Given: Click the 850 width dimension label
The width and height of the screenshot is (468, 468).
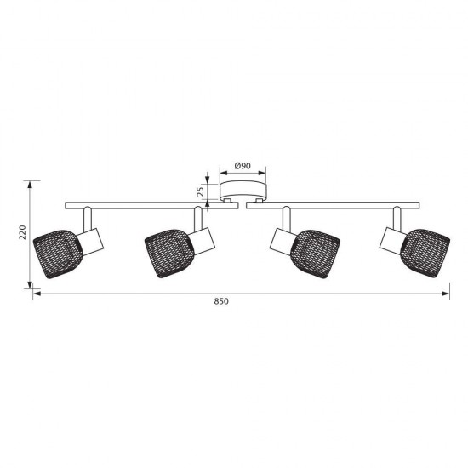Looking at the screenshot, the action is pyautogui.click(x=221, y=301).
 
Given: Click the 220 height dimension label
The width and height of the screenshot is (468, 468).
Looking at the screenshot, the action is pyautogui.click(x=23, y=232).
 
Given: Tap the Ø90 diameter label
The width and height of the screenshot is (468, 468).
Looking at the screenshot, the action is pyautogui.click(x=243, y=166).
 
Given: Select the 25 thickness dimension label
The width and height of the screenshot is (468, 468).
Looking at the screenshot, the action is pyautogui.click(x=202, y=191).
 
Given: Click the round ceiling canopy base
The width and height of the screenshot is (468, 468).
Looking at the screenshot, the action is pyautogui.click(x=243, y=191).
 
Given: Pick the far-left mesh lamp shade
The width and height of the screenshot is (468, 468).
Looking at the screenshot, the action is pyautogui.click(x=58, y=254).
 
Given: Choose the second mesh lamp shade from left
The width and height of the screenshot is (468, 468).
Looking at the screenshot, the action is pyautogui.click(x=169, y=254).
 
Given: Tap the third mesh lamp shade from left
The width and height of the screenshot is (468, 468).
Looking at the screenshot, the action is pyautogui.click(x=315, y=254).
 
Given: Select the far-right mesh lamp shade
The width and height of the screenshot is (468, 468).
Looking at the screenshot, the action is pyautogui.click(x=425, y=254).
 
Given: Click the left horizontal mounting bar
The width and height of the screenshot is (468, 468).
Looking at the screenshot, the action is pyautogui.click(x=151, y=205).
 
